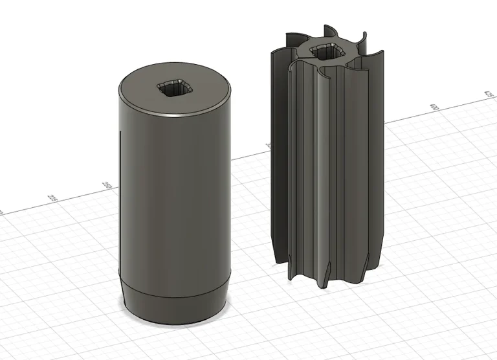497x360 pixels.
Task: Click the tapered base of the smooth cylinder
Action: click(175, 303)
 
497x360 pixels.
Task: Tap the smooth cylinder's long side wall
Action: click(175, 194)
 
